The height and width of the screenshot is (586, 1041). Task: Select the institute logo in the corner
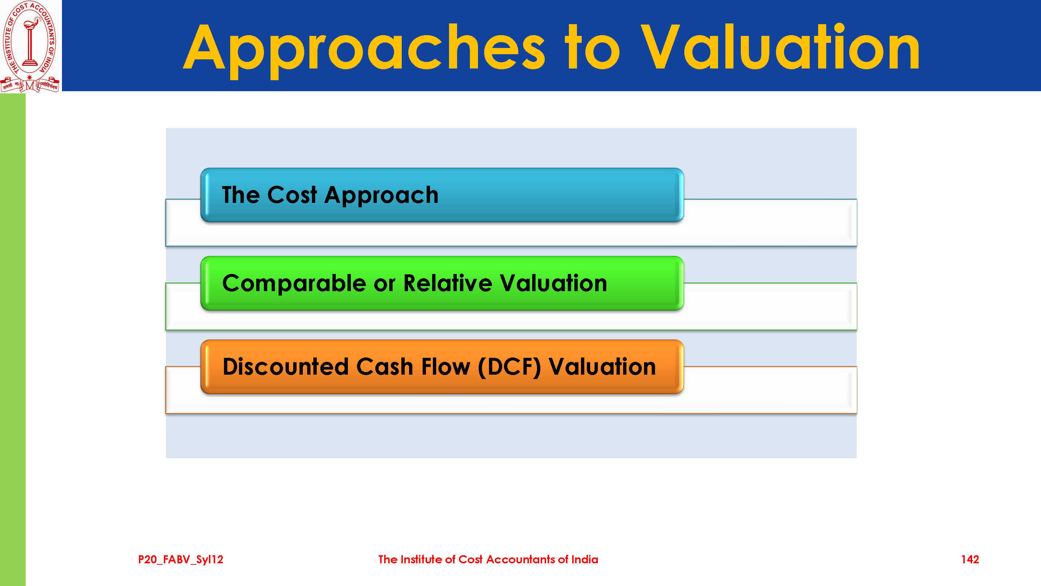point(30,47)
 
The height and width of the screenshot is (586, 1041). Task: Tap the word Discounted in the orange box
point(286,367)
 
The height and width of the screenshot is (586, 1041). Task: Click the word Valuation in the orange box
point(602,367)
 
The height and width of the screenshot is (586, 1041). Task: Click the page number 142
point(970,559)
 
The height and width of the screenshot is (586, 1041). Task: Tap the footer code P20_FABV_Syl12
point(181,560)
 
